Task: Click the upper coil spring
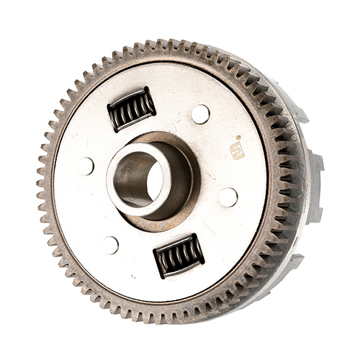click(132, 109)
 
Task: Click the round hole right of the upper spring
click(200, 114)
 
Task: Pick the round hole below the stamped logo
click(228, 197)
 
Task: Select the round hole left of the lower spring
click(109, 245)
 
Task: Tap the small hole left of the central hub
click(85, 166)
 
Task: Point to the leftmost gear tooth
click(41, 180)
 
